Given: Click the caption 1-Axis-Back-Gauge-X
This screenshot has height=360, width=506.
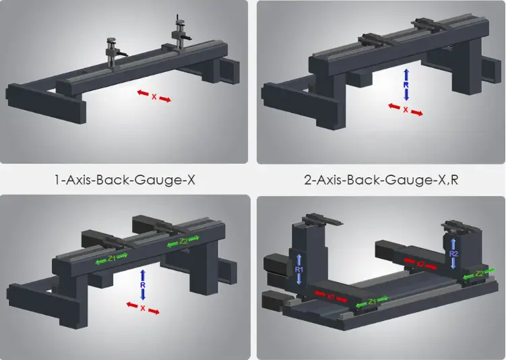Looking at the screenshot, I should (x=125, y=180).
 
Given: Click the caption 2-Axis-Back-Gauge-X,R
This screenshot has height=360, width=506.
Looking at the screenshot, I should (x=380, y=180).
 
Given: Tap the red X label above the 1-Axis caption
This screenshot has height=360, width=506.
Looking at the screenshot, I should (x=154, y=96).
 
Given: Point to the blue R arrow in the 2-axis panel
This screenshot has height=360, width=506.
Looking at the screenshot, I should (x=406, y=84).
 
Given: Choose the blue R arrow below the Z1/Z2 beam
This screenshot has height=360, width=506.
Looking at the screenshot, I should (x=143, y=285).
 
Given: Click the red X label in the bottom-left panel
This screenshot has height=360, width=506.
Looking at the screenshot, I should (x=143, y=308).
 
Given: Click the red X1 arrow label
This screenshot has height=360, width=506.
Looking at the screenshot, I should (x=330, y=295).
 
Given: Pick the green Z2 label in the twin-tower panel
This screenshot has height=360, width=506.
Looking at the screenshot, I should (x=480, y=273).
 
